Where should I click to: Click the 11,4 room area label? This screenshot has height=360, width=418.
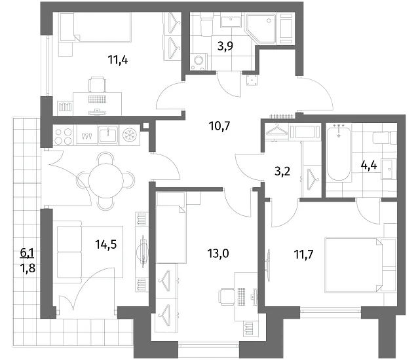pyautogui.click(x=118, y=60)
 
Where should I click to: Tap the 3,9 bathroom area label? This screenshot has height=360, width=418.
pyautogui.click(x=225, y=46)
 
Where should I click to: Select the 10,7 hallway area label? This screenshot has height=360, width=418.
pyautogui.click(x=219, y=126)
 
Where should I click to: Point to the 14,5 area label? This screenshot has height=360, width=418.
pyautogui.click(x=106, y=244)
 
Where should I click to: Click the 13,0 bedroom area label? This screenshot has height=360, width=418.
pyautogui.click(x=218, y=253)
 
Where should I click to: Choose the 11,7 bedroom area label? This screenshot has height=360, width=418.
pyautogui.click(x=303, y=255)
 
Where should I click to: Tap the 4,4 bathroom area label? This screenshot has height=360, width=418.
pyautogui.click(x=369, y=166)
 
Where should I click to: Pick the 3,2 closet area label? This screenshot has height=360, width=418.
pyautogui.click(x=282, y=171)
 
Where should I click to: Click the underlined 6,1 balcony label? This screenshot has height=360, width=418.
pyautogui.click(x=28, y=253)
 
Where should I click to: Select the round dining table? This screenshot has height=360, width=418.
pyautogui.click(x=106, y=180)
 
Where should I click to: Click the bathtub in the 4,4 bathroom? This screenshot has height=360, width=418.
pyautogui.click(x=339, y=154)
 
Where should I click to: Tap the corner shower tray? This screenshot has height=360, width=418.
pyautogui.click(x=261, y=29)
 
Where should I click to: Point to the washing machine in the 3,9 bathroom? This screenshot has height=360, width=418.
pyautogui.click(x=199, y=62)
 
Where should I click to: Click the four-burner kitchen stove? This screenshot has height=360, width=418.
pyautogui.click(x=63, y=135)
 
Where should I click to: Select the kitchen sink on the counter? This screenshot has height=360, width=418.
pyautogui.click(x=107, y=134)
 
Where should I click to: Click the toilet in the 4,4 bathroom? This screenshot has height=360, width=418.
pyautogui.click(x=385, y=137)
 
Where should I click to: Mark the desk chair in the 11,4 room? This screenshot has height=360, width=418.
pyautogui.click(x=97, y=84)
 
